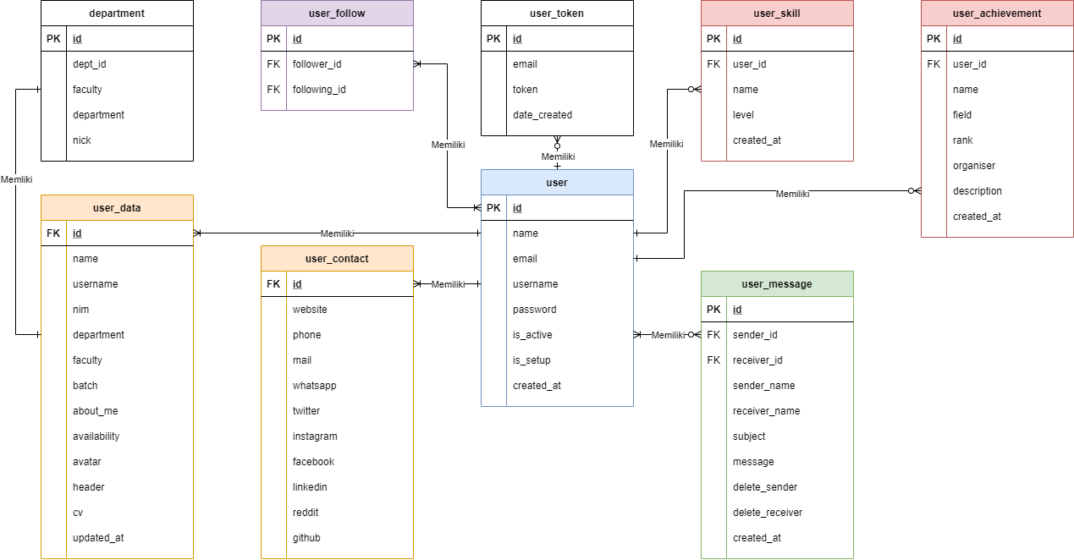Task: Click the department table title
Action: coord(117,14)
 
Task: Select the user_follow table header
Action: coord(337,14)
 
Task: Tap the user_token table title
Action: coord(557,14)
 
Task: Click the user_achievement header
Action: coord(997,14)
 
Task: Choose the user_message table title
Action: coord(777,284)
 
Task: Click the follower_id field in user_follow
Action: coord(317,64)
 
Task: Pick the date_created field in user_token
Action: coord(543,115)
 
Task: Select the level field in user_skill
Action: coord(743,115)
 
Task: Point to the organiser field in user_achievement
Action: coord(974,166)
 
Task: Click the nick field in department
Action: coord(82,140)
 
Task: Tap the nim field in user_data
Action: coord(81,310)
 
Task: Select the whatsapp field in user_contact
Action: coord(315,386)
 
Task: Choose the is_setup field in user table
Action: coord(531,360)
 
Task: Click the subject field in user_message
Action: coord(749,436)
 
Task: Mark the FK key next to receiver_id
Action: coord(713,360)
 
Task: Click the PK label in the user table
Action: coord(493,208)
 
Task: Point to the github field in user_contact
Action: coord(306,538)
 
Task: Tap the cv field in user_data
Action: coord(78,513)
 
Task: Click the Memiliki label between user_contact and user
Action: coord(448,284)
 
